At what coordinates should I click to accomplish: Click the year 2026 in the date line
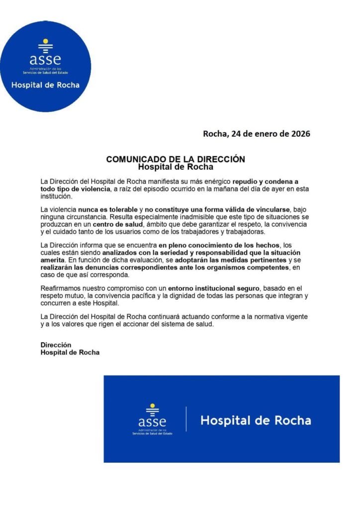click(299, 133)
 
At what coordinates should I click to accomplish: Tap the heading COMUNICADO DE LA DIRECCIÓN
click(176, 159)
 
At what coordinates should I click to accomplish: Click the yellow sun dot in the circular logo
click(45, 41)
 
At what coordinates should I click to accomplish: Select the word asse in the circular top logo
click(45, 59)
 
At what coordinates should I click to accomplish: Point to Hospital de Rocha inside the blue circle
click(45, 85)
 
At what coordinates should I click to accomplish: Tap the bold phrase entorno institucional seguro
click(214, 288)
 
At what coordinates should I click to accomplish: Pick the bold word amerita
click(53, 259)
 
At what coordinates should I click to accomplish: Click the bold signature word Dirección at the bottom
click(56, 344)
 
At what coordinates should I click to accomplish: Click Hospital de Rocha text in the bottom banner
click(256, 421)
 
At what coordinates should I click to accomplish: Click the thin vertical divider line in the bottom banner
click(186, 419)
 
